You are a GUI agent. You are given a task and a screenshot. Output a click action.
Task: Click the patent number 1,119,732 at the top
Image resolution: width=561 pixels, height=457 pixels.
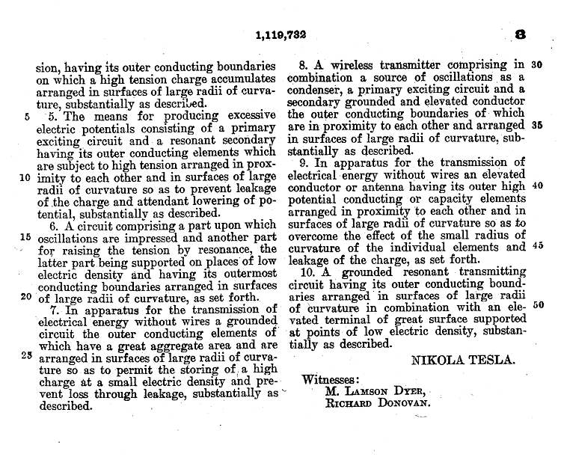point(280,34)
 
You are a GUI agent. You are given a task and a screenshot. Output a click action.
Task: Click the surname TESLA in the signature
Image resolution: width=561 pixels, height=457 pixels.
point(489,360)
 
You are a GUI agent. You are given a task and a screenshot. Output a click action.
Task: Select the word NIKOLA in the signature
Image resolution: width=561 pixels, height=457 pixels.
point(438,360)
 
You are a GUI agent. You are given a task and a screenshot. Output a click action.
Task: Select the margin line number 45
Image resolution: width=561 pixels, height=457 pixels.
point(537,246)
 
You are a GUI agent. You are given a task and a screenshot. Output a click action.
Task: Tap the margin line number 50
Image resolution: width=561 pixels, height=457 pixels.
point(537,304)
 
